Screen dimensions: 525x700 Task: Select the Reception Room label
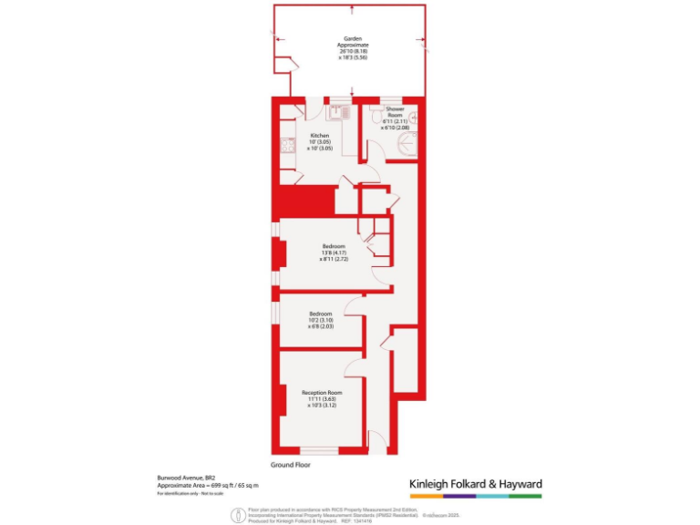(x=320, y=393)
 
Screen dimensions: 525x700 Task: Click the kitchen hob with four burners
(x=288, y=146)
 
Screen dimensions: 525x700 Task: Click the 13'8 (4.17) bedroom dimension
(x=335, y=252)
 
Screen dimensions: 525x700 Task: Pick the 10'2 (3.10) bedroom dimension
(x=322, y=320)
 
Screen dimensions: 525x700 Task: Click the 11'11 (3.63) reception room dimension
(x=320, y=399)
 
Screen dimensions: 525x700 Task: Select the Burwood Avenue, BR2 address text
(x=185, y=477)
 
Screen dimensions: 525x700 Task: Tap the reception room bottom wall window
(x=319, y=449)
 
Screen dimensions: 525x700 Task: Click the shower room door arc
(x=372, y=174)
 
